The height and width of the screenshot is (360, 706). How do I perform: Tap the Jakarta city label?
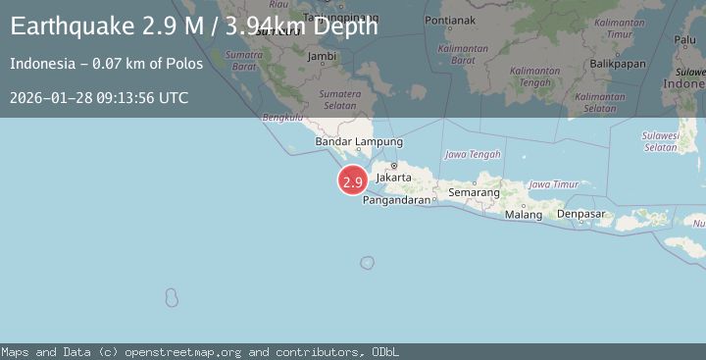coord(393,178)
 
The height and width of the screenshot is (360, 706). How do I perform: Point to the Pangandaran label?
coord(397,200)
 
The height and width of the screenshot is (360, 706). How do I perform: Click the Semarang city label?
coord(475,193)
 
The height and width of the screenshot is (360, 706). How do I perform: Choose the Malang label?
coord(524,215)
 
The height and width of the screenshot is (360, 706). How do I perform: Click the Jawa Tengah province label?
coord(473,155)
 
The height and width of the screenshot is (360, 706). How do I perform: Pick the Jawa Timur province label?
coord(553,184)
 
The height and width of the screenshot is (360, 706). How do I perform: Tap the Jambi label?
coord(322,57)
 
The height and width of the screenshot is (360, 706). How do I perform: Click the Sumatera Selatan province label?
coord(340,99)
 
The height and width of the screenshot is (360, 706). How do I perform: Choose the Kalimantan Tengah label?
coord(533,77)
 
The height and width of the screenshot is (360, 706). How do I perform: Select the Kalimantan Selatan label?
coord(599,102)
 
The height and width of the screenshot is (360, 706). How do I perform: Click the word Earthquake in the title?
coord(61,26)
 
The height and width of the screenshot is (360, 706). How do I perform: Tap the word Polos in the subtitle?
coord(186,64)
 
